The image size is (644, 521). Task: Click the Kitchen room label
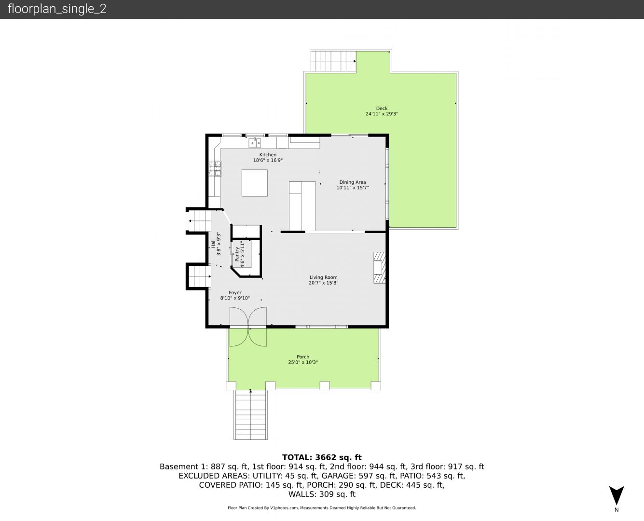(268, 154)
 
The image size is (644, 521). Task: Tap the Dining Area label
(353, 182)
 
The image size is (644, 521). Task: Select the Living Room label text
(323, 277)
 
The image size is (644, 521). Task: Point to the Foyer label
(235, 293)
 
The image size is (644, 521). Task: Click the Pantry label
(237, 254)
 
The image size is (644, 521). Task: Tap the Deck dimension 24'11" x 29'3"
(382, 114)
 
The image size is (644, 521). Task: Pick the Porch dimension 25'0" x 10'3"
(302, 362)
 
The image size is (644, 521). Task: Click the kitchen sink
(255, 142)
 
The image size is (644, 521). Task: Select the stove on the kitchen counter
(215, 168)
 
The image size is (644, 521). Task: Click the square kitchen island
(255, 183)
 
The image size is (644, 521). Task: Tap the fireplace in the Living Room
(380, 268)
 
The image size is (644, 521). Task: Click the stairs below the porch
(250, 414)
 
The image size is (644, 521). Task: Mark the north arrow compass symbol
(617, 495)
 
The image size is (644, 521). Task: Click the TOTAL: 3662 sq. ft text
(322, 457)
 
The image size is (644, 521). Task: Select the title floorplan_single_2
(57, 9)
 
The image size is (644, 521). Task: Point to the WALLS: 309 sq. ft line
(322, 494)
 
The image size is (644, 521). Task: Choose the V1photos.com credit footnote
(322, 507)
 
